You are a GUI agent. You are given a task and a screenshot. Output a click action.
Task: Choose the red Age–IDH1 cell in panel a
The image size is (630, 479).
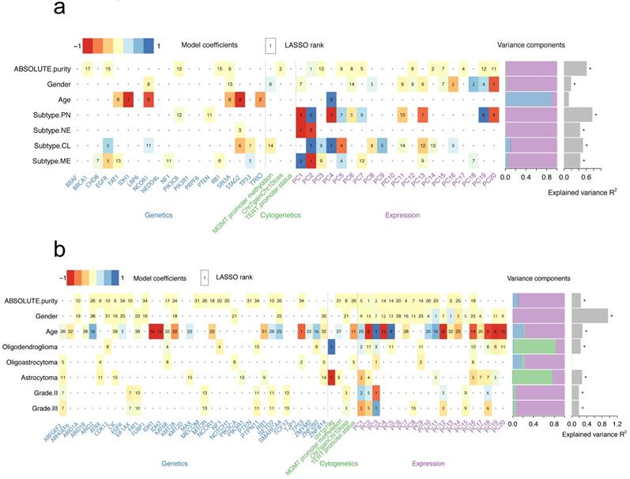coord(129,100)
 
